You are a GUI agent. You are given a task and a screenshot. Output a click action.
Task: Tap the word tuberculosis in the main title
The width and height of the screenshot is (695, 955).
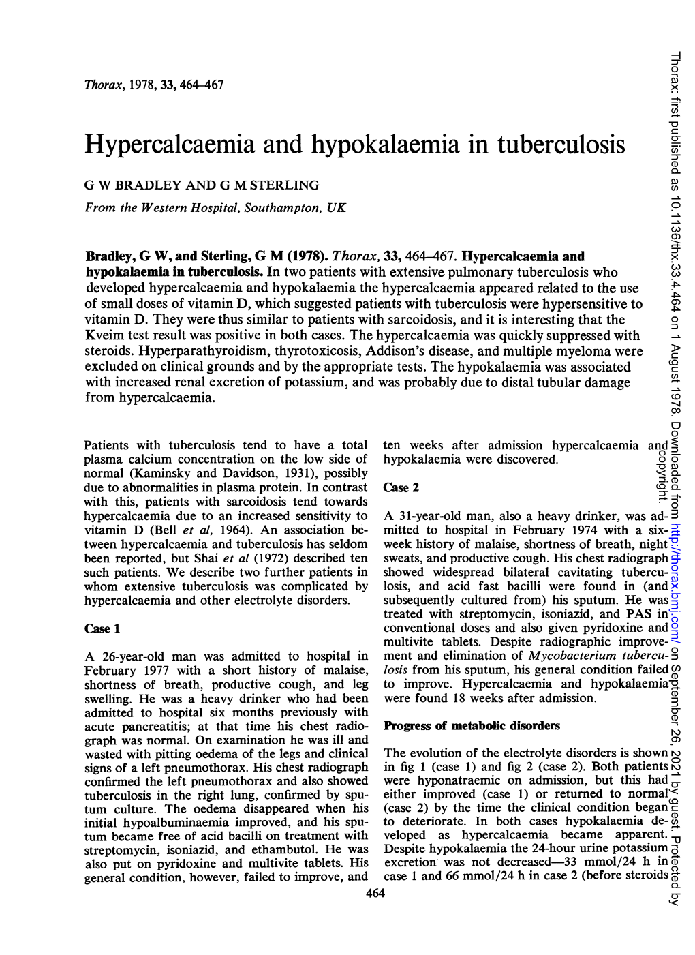tap(561, 145)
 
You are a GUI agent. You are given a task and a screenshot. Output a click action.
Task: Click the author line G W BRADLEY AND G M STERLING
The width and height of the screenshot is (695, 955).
tap(202, 185)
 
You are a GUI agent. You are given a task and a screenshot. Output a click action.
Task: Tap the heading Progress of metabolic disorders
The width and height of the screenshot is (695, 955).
tap(472, 725)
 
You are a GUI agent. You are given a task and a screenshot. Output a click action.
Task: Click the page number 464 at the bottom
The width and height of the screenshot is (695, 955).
tap(375, 894)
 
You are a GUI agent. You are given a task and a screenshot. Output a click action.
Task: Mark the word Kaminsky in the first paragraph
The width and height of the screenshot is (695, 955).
tap(155, 474)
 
